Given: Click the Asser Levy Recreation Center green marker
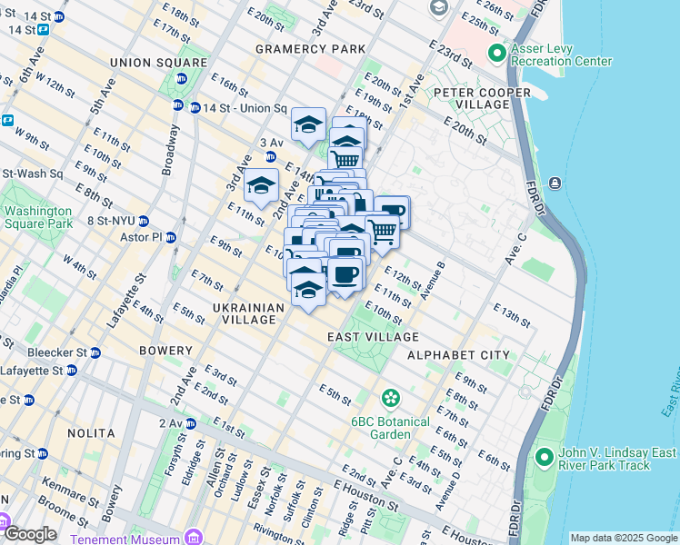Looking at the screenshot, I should point(496,54).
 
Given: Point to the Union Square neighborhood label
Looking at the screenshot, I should point(158,62).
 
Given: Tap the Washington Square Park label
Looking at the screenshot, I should point(38,217).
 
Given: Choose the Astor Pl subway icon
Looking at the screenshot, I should point(171,237).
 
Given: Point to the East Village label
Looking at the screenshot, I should point(361,337).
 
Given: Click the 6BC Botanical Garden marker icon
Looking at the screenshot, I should point(391,397).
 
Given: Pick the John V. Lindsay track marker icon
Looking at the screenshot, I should point(545,456).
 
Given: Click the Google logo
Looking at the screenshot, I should point(29,534).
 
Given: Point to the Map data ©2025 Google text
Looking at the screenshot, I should point(623,538).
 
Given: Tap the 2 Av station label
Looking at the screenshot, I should point(170,423).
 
